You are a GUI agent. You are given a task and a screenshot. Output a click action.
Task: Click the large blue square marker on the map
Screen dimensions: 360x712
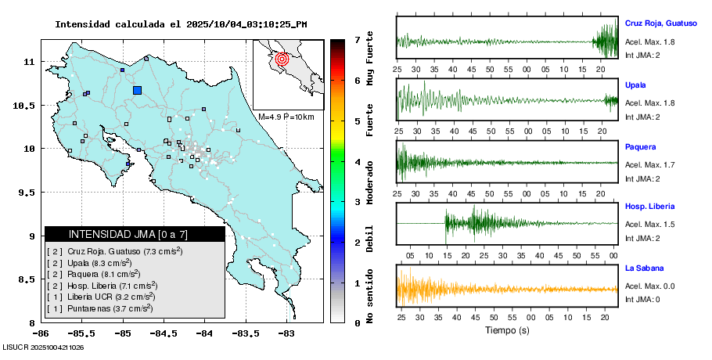coord(138,90)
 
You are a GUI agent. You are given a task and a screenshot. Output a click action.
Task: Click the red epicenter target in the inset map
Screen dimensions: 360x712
coord(283,58)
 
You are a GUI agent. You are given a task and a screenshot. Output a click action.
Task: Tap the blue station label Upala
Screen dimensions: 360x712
coord(635,85)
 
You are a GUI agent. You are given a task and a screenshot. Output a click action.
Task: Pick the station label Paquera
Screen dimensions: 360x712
coord(640,146)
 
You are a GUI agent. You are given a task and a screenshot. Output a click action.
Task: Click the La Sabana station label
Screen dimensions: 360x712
coord(645,268)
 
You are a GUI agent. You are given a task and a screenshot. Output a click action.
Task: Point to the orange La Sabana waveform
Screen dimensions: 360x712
coord(507,288)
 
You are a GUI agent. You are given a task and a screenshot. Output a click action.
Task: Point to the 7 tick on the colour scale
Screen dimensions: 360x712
coord(357,39)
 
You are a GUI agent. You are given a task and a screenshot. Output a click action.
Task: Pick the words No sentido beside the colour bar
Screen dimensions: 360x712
coord(369,295)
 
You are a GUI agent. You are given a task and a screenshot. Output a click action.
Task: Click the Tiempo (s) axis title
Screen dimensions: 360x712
coord(507,330)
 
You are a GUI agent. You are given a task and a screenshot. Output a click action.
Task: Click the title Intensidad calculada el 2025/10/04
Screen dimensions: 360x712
coord(181,24)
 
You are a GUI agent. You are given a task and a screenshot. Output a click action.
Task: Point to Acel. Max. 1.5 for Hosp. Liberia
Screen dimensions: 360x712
coord(649,225)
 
